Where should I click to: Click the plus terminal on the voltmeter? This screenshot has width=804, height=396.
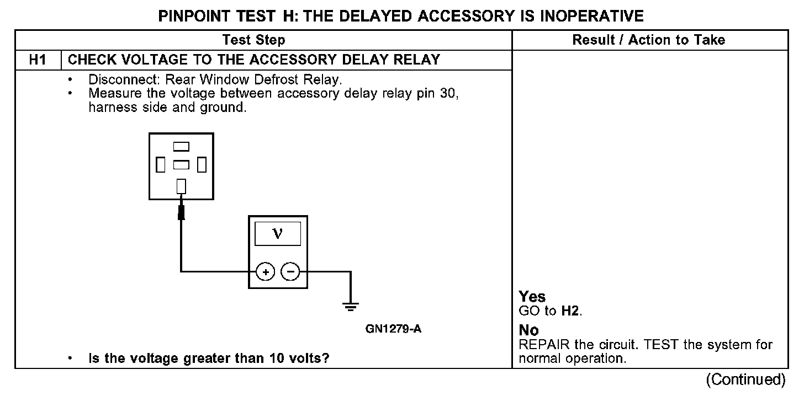pos(266,272)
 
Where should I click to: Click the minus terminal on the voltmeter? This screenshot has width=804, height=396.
pos(290,272)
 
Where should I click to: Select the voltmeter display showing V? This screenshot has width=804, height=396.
pos(278,234)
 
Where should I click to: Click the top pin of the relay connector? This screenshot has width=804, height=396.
pos(181,147)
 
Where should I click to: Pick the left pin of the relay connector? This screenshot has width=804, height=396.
pos(161,164)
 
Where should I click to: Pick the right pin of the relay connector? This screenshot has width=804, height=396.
pos(202,164)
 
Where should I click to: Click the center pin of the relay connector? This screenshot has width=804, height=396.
pos(181,164)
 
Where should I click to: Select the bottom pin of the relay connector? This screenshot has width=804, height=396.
pos(181,186)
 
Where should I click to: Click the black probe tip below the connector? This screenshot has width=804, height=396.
pos(181,212)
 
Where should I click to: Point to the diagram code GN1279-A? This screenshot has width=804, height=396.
pos(394,329)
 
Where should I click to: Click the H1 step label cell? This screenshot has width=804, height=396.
pos(38,60)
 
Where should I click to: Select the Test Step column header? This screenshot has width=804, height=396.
pos(253,40)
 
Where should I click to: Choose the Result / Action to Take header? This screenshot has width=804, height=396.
pos(649,40)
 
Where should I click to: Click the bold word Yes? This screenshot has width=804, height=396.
pos(532,297)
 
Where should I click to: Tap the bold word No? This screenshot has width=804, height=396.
pos(528,330)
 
